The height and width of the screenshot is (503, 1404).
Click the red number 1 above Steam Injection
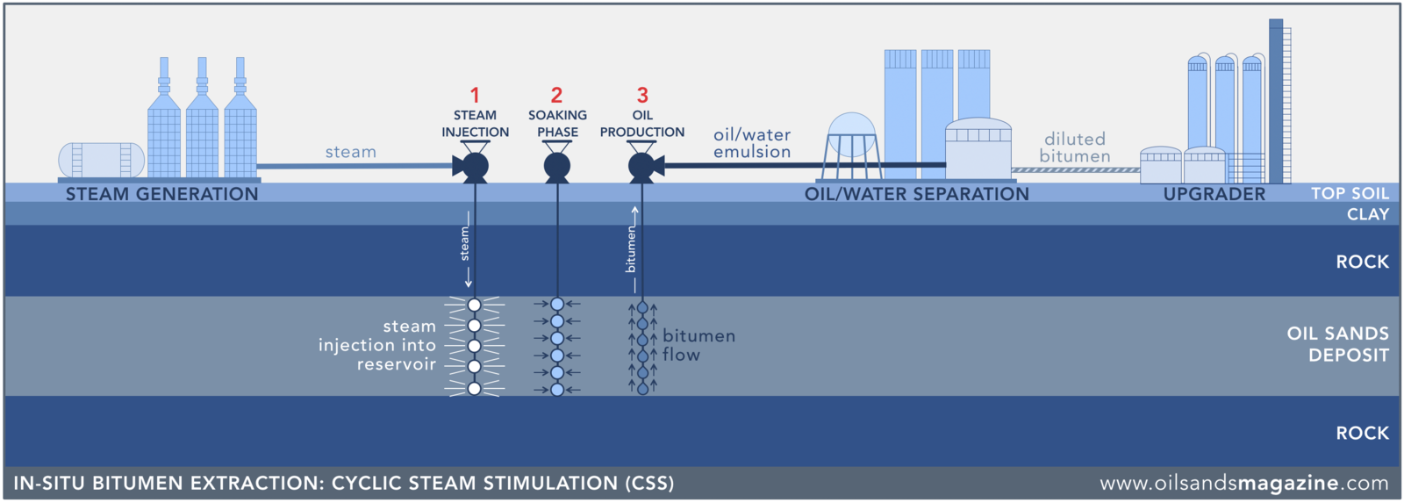pos(475,95)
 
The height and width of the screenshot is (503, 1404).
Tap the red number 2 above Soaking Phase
pos(556,95)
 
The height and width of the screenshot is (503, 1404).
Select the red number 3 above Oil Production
pos(642,95)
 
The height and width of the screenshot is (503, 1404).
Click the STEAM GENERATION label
pos(162,194)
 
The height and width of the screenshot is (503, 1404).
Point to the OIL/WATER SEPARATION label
pos(916,194)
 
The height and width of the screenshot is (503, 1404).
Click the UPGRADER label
pos(1214,194)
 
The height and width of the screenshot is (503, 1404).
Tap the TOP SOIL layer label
pos(1350,193)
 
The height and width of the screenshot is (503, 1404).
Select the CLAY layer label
pos(1368,214)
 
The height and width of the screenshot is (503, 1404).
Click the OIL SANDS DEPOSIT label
pos(1338,344)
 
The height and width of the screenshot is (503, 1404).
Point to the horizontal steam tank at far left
pos(101,160)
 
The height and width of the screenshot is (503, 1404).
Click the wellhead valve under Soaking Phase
pos(557,166)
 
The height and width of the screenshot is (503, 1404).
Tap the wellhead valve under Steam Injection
pos(474,166)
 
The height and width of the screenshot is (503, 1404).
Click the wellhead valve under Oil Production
pos(643,166)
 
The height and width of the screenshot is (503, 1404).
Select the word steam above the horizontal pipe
pos(351,152)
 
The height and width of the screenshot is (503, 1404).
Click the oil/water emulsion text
pos(752,143)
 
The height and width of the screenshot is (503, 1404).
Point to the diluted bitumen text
pos(1075,147)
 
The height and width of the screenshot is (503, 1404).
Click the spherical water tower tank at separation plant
pos(851,134)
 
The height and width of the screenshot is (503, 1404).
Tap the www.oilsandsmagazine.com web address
pos(1243,483)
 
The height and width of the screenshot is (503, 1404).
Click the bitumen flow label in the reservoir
pos(698,345)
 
